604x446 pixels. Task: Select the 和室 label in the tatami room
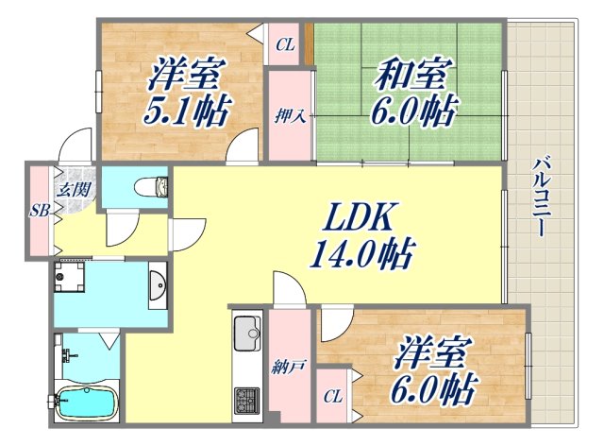point(414,74)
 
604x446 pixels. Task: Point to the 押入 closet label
point(289,117)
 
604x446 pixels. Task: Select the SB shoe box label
point(38,210)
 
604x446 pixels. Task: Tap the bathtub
point(84,403)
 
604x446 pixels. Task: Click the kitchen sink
point(247,333)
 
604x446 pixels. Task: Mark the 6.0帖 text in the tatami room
point(416,111)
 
